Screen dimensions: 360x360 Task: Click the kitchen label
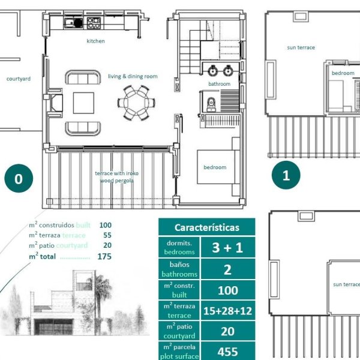click(95, 41)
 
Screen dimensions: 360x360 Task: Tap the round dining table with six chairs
click(136, 103)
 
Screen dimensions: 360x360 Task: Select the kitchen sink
click(73, 23)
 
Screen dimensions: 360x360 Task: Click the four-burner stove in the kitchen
click(94, 23)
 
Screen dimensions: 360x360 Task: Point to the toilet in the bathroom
click(211, 104)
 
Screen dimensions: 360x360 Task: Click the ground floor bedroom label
click(215, 167)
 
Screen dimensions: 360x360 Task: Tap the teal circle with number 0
click(19, 178)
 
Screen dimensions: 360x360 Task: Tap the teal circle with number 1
click(286, 175)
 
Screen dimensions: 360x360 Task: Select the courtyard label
click(19, 79)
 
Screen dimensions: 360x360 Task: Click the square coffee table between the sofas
click(83, 103)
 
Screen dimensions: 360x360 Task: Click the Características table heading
click(207, 227)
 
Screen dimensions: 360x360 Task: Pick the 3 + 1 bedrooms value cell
click(228, 247)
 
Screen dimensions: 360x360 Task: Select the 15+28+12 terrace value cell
click(228, 311)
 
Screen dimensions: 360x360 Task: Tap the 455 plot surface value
click(228, 351)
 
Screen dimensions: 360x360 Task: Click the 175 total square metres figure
click(104, 256)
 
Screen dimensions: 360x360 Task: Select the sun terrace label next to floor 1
click(301, 47)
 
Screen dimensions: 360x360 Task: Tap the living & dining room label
click(133, 76)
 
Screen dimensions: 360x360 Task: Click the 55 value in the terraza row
click(107, 235)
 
